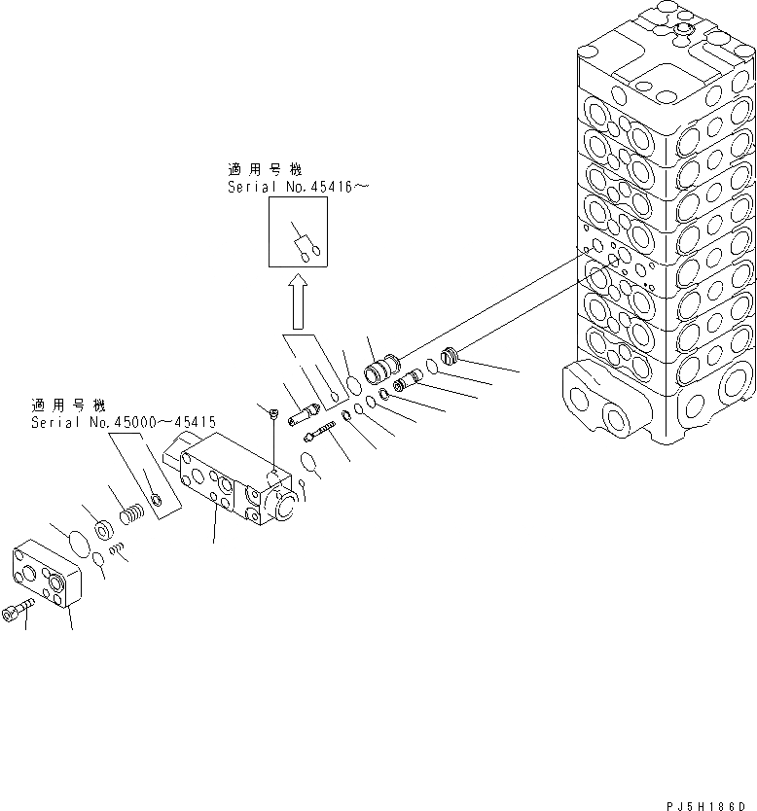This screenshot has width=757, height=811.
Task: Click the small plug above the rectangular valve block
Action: pos(274,416)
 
